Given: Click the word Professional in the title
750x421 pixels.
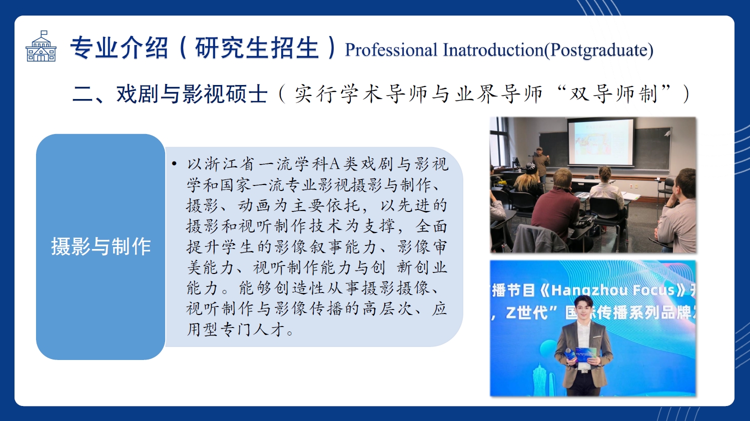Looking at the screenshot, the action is [x=391, y=50].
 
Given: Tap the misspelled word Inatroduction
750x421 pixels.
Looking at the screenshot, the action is [x=493, y=50].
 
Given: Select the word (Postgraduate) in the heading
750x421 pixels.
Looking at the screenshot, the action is [x=599, y=50].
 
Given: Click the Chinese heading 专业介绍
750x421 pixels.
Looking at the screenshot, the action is [x=119, y=48].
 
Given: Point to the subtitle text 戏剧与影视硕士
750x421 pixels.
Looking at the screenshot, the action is [x=192, y=93].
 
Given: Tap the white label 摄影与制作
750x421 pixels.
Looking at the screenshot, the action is [x=101, y=246].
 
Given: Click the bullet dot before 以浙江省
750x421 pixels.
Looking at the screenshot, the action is [x=174, y=163].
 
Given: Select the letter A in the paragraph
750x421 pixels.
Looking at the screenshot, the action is [x=335, y=164].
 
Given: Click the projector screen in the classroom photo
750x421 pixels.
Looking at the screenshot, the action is [x=600, y=141].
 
